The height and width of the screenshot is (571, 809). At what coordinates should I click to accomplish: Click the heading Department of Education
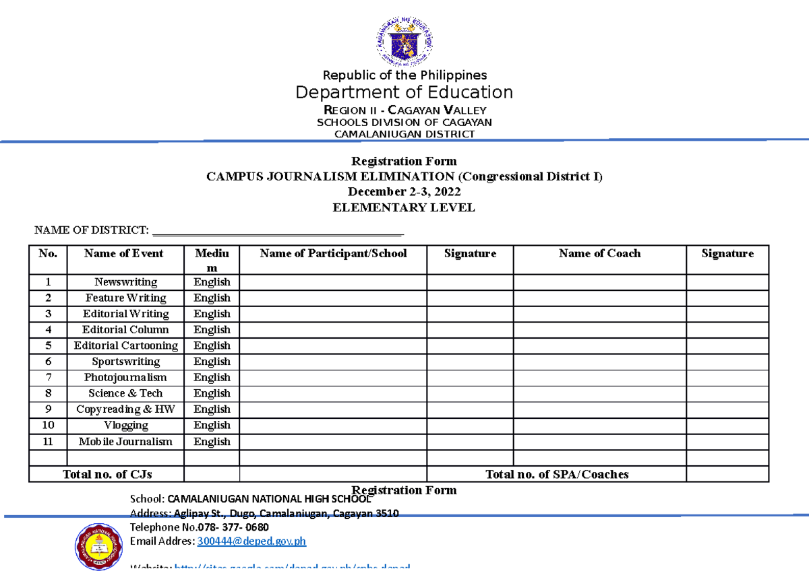[x=404, y=92]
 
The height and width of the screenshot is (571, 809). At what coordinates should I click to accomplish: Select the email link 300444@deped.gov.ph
[x=251, y=541]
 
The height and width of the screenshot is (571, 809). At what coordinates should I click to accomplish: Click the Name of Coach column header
[x=599, y=254]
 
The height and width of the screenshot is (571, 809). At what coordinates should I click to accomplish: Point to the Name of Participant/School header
[x=333, y=254]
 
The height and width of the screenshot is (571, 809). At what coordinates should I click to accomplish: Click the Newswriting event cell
[x=125, y=282]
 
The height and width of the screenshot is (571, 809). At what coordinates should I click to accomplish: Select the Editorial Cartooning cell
[x=125, y=345]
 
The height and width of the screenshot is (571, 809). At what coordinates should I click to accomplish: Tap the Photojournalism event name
[x=125, y=378]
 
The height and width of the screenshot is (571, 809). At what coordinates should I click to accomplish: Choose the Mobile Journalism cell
[x=125, y=442]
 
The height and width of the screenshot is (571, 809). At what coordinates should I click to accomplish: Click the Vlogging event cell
[x=125, y=426]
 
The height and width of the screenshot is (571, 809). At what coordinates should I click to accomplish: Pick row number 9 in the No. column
[x=48, y=409]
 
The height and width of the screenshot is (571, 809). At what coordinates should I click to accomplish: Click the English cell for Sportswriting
[x=212, y=362]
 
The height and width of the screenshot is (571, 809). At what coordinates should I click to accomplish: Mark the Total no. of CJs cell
[x=107, y=474]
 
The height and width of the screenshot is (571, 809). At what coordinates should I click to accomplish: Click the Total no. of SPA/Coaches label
[x=557, y=474]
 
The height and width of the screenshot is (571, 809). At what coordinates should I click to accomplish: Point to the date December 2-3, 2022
[x=404, y=192]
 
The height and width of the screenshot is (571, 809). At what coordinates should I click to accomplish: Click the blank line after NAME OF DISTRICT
[x=278, y=232]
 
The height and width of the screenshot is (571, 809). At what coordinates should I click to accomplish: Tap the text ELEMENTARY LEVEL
[x=404, y=207]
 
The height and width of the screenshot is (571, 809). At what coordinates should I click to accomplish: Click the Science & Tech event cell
[x=125, y=393]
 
